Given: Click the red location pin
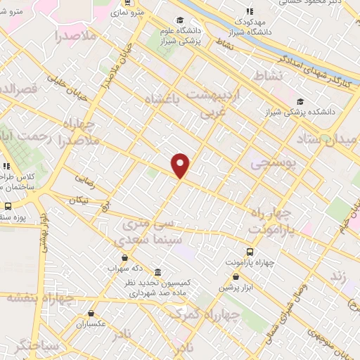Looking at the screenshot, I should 181,165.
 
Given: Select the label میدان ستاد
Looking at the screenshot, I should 333,140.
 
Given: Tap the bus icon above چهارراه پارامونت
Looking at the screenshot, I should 250,252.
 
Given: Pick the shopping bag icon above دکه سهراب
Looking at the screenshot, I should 124,258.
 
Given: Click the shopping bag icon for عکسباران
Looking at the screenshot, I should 91,314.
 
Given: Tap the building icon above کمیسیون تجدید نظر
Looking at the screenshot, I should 156,272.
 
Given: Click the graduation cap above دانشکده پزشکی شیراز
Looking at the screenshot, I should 301,101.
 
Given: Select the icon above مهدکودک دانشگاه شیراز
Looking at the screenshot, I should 248,11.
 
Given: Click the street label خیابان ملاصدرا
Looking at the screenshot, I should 105,74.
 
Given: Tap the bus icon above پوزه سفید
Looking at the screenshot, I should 8,206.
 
